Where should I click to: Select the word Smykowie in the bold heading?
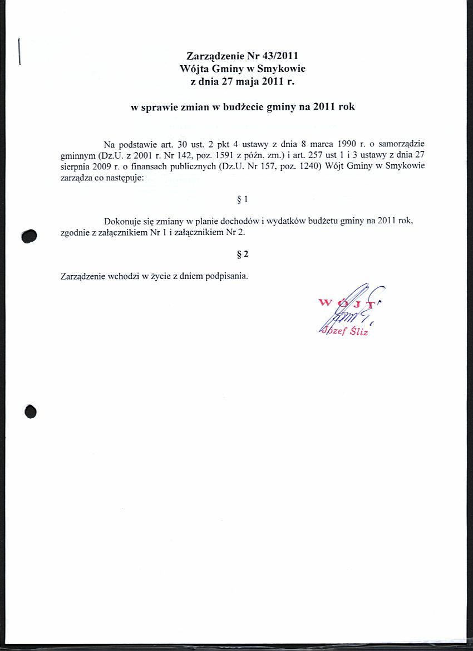(282, 69)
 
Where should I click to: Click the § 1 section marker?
(242, 199)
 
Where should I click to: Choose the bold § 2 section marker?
(242, 254)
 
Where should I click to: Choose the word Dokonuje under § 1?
(121, 221)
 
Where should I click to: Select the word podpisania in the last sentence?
(226, 276)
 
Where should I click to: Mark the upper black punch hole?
(29, 236)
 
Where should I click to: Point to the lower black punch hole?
(31, 411)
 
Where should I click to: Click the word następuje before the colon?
(122, 178)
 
